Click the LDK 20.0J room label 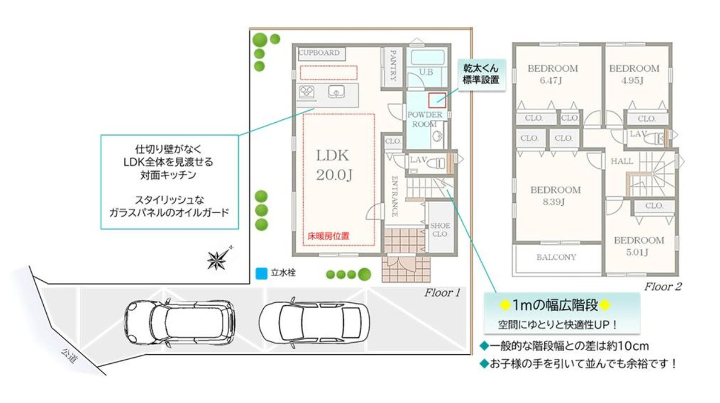[333, 165]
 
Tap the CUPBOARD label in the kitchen [319, 53]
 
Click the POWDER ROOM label [424, 119]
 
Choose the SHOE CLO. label [440, 230]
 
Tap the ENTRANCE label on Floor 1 [394, 196]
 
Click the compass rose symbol [218, 259]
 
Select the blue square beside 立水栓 [261, 274]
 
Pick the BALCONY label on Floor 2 [556, 257]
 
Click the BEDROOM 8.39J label [556, 195]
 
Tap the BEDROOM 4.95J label [634, 74]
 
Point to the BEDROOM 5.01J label [639, 246]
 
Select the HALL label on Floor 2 [622, 161]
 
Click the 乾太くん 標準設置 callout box [481, 74]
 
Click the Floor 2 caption [663, 287]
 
